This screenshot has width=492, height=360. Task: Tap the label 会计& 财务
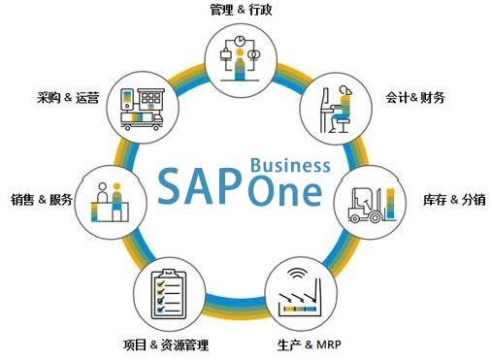point(414,98)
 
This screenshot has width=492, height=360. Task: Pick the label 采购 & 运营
point(67,98)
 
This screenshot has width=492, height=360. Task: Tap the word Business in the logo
point(290,164)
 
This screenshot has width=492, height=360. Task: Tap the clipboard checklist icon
point(166,294)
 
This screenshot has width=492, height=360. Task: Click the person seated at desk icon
point(339,110)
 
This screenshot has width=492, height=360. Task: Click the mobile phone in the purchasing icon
point(126,98)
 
